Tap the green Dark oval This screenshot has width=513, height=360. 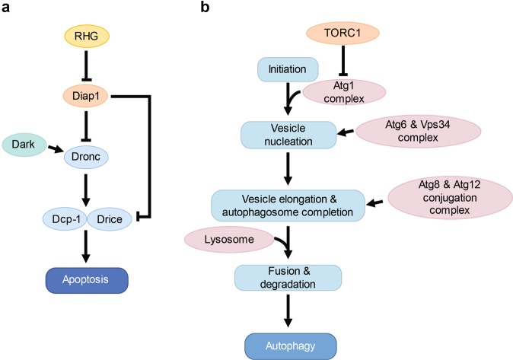pyautogui.click(x=27, y=143)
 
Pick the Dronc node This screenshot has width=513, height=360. pyautogui.click(x=88, y=156)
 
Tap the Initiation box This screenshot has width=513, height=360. pyautogui.click(x=281, y=71)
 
